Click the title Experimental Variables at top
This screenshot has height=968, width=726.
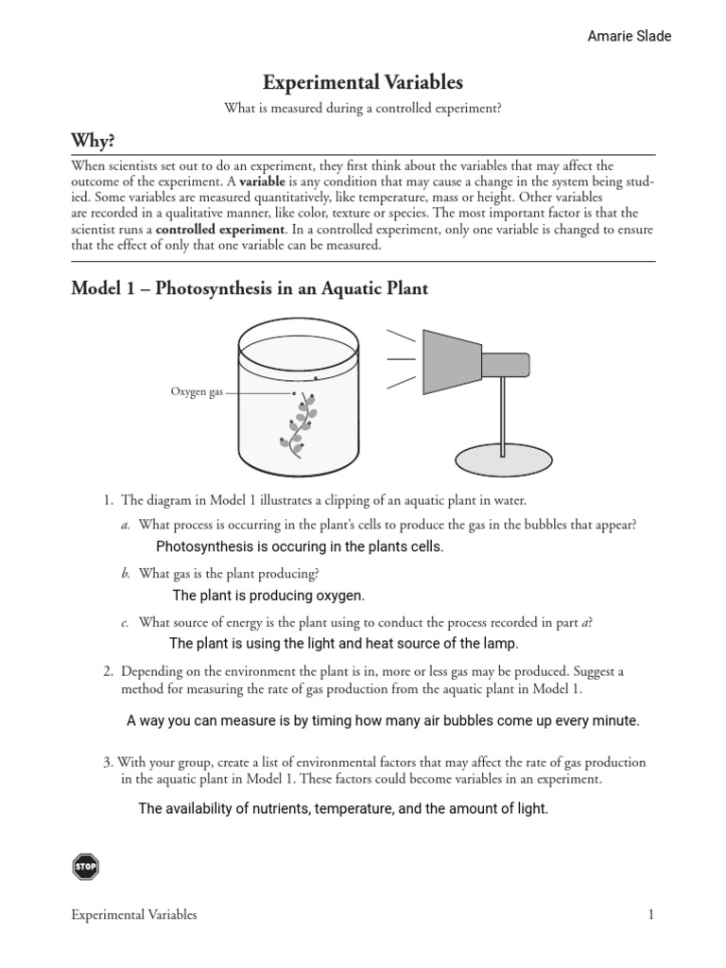(x=362, y=82)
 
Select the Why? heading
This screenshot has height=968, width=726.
(x=94, y=141)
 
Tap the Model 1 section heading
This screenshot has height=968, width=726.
(x=250, y=288)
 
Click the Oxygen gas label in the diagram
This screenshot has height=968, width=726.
(x=197, y=391)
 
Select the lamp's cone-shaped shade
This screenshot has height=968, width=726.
(x=452, y=359)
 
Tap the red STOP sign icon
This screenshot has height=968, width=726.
(x=85, y=866)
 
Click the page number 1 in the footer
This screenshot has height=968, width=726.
(x=650, y=915)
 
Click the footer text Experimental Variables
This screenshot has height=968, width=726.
(x=134, y=915)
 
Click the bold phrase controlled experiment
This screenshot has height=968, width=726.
(x=219, y=229)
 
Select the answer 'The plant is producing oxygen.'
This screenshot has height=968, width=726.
(x=268, y=596)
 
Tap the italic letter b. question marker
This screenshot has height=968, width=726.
(x=125, y=573)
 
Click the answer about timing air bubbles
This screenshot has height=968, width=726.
(x=383, y=720)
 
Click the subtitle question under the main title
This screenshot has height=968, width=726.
(x=362, y=109)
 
